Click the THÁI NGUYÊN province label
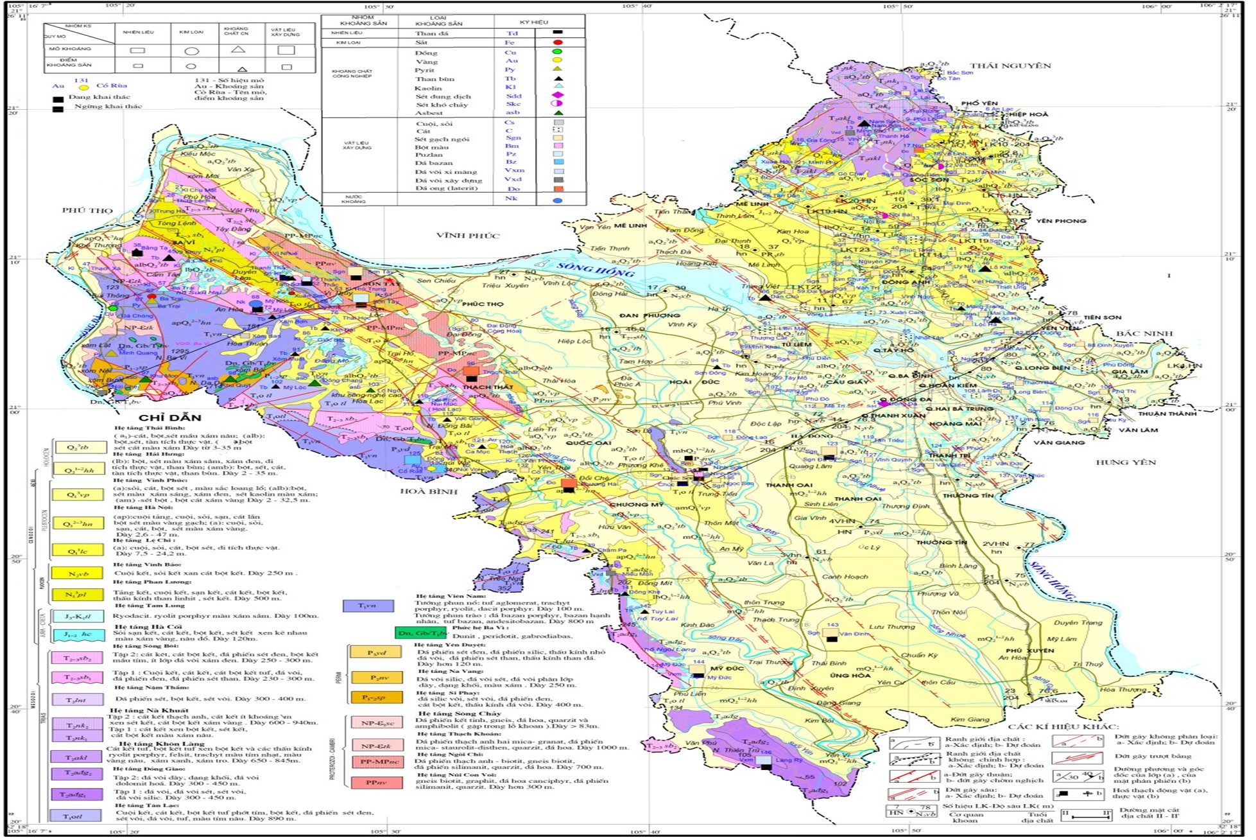(1010, 66)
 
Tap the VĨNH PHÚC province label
(468, 236)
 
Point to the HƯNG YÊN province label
(1125, 462)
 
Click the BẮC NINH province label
(1144, 333)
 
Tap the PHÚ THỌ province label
(87, 211)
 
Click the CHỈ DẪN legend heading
(170, 418)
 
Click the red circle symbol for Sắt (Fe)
(558, 42)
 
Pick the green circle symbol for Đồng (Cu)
(558, 51)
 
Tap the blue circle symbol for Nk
(558, 200)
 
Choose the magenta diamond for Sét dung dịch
(558, 95)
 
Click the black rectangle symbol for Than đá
(558, 32)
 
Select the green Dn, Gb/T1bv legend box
(421, 633)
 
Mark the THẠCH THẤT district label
(488, 387)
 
